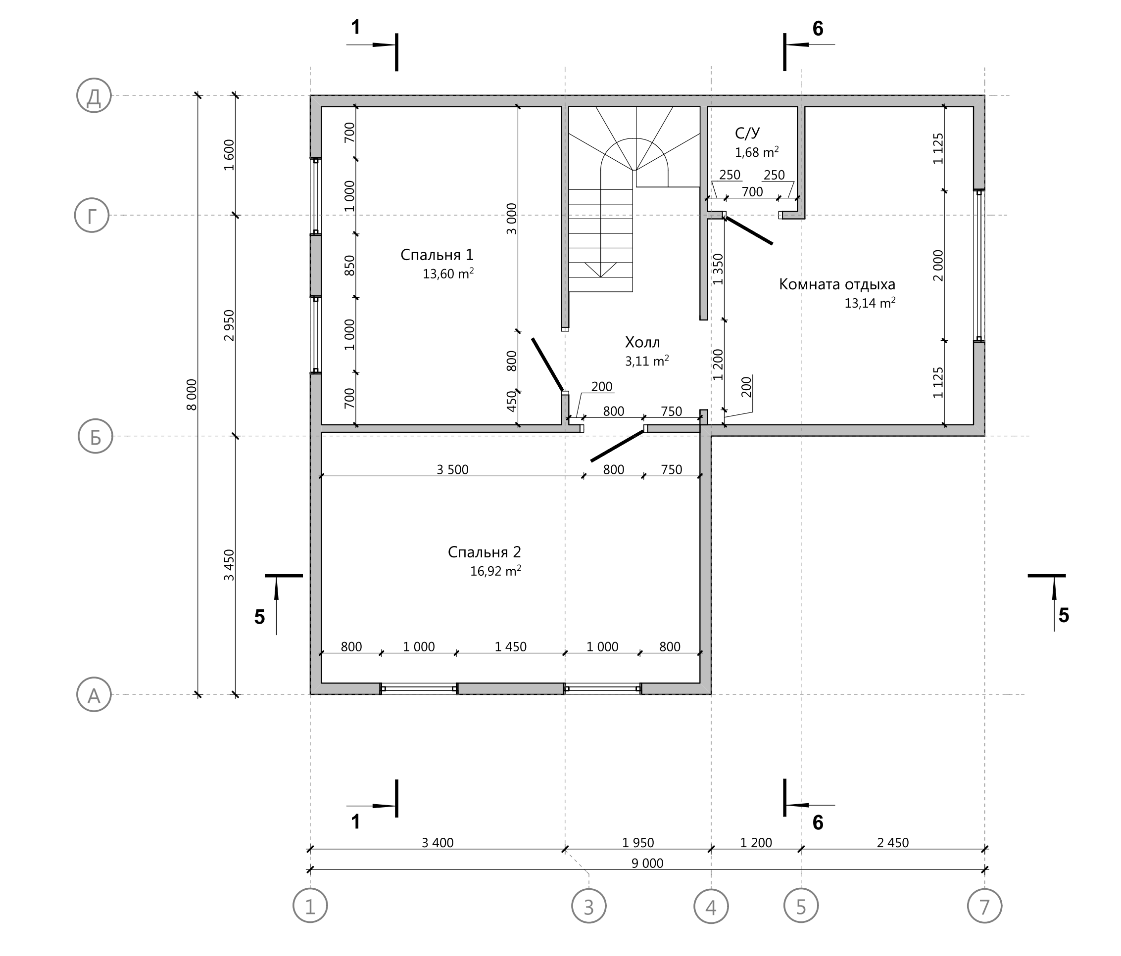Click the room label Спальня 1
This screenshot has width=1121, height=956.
[x=437, y=255]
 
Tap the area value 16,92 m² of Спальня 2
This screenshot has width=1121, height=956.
[x=495, y=571]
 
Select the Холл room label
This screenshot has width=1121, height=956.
[x=642, y=342]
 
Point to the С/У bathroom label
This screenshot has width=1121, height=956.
[x=747, y=133]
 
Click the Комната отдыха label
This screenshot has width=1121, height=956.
[x=837, y=284]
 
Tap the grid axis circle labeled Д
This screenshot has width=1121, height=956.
[x=94, y=96]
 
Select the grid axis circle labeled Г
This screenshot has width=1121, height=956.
[x=92, y=215]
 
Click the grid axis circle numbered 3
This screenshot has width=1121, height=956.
[x=588, y=906]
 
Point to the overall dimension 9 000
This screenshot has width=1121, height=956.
[x=647, y=863]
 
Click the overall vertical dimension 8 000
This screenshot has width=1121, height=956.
[x=192, y=395]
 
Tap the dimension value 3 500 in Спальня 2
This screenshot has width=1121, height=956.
[x=452, y=469]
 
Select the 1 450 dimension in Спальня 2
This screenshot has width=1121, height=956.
[x=510, y=647]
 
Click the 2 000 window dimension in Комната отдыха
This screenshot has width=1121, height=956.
[x=938, y=266]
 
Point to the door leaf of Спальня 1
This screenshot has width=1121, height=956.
[x=548, y=364]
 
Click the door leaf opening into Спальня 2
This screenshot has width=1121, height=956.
[x=617, y=446]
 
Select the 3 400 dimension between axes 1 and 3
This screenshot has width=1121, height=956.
[x=437, y=842]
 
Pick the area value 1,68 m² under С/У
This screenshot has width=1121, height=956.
[x=757, y=152]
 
